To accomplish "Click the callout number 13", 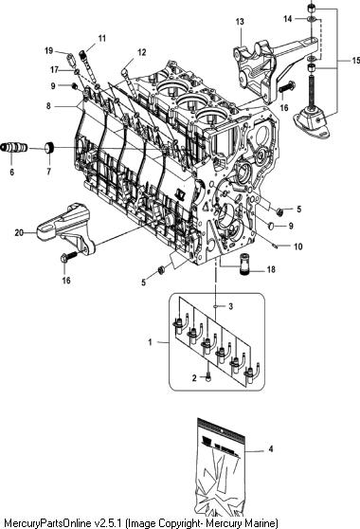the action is click(x=240, y=22).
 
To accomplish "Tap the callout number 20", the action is click(x=19, y=232).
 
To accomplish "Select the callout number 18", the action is click(x=271, y=269).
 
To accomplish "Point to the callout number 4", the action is click(x=270, y=449).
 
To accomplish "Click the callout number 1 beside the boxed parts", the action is click(x=151, y=342).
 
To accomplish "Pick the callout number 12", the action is click(x=142, y=52).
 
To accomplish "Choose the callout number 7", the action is click(x=49, y=172).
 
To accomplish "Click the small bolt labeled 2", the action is click(x=207, y=377).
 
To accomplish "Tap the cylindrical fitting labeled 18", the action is click(x=243, y=265).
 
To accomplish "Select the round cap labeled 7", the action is click(x=50, y=148).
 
